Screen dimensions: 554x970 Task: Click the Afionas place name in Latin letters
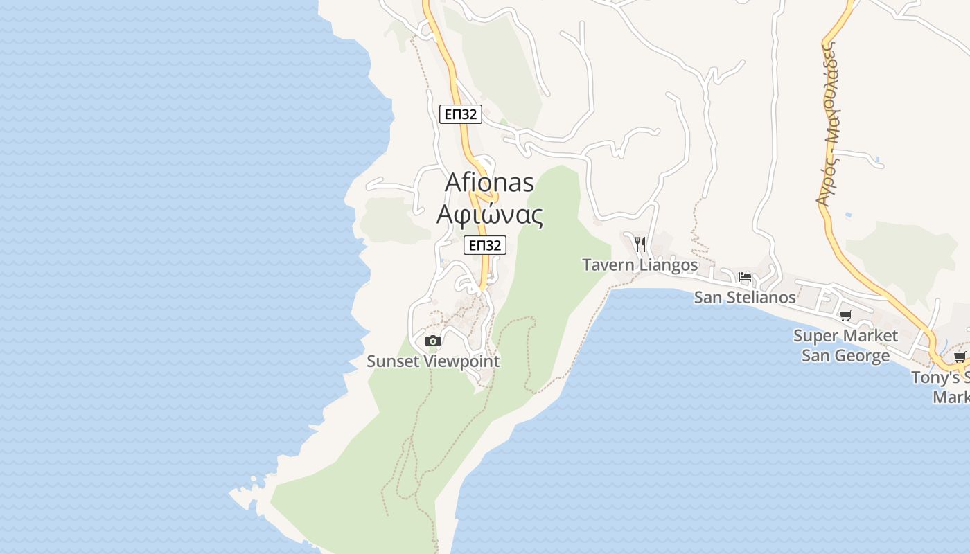[x=489, y=182]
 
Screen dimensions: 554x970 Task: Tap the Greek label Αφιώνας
[x=489, y=214]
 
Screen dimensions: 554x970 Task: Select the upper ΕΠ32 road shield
[x=461, y=114]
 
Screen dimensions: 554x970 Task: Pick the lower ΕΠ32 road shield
[x=485, y=245]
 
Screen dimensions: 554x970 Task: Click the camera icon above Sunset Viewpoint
[x=433, y=341]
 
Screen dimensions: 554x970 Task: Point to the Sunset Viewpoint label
[x=433, y=361]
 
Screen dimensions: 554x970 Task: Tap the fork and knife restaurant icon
[x=640, y=244]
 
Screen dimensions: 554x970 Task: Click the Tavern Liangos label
[x=640, y=265]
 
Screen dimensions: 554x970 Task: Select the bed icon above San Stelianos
[x=745, y=277]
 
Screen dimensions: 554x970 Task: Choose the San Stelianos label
[x=745, y=297]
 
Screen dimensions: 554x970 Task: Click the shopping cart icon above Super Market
[x=845, y=316]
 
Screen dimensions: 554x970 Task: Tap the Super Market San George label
[x=845, y=346]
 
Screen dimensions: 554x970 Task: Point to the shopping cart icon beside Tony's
[x=960, y=357]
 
